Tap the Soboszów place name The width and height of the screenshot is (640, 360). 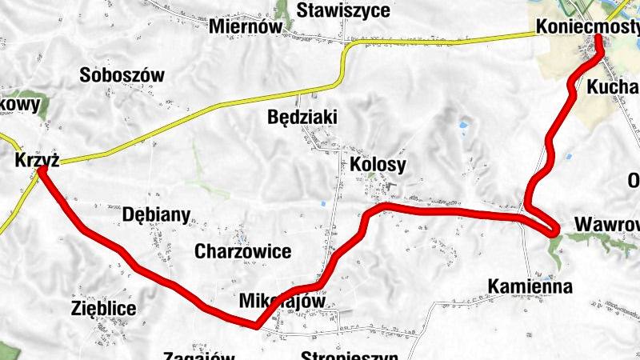122,76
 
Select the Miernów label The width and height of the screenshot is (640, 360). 246,26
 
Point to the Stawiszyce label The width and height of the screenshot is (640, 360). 343,10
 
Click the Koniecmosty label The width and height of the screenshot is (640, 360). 588,26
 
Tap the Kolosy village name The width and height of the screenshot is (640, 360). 378,164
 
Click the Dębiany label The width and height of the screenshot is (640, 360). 157,214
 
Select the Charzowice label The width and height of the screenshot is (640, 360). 242,251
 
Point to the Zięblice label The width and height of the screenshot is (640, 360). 103,308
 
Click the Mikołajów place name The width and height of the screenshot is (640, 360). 282,302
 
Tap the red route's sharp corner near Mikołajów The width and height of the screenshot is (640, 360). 255,325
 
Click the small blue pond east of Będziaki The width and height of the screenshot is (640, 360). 462,126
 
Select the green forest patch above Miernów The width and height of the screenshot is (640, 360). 282,10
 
